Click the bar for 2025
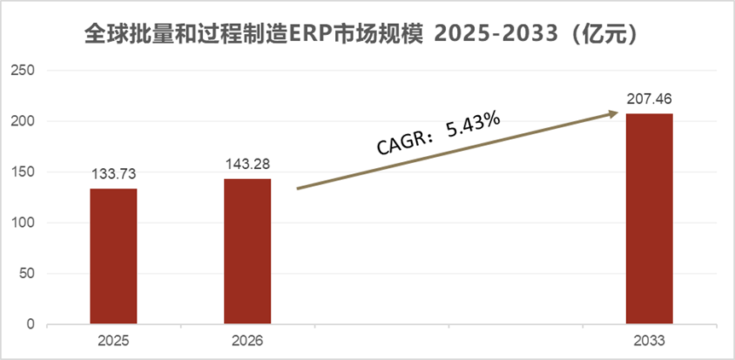(x=113, y=256)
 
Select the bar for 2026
(x=247, y=252)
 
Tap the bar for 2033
(x=649, y=219)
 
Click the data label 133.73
(x=113, y=175)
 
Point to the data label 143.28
(x=247, y=165)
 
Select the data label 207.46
(x=649, y=100)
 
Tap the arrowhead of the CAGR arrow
(x=612, y=113)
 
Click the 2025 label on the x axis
(x=113, y=341)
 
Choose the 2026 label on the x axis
(x=247, y=341)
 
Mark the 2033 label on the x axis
(x=649, y=341)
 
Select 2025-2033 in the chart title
(x=495, y=35)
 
